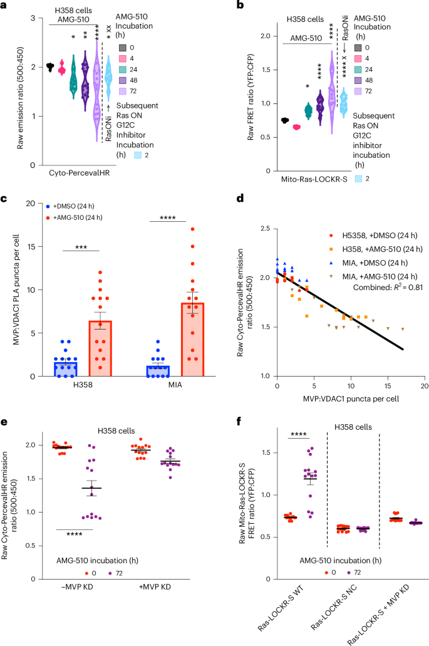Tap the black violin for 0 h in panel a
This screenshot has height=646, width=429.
click(50, 66)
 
